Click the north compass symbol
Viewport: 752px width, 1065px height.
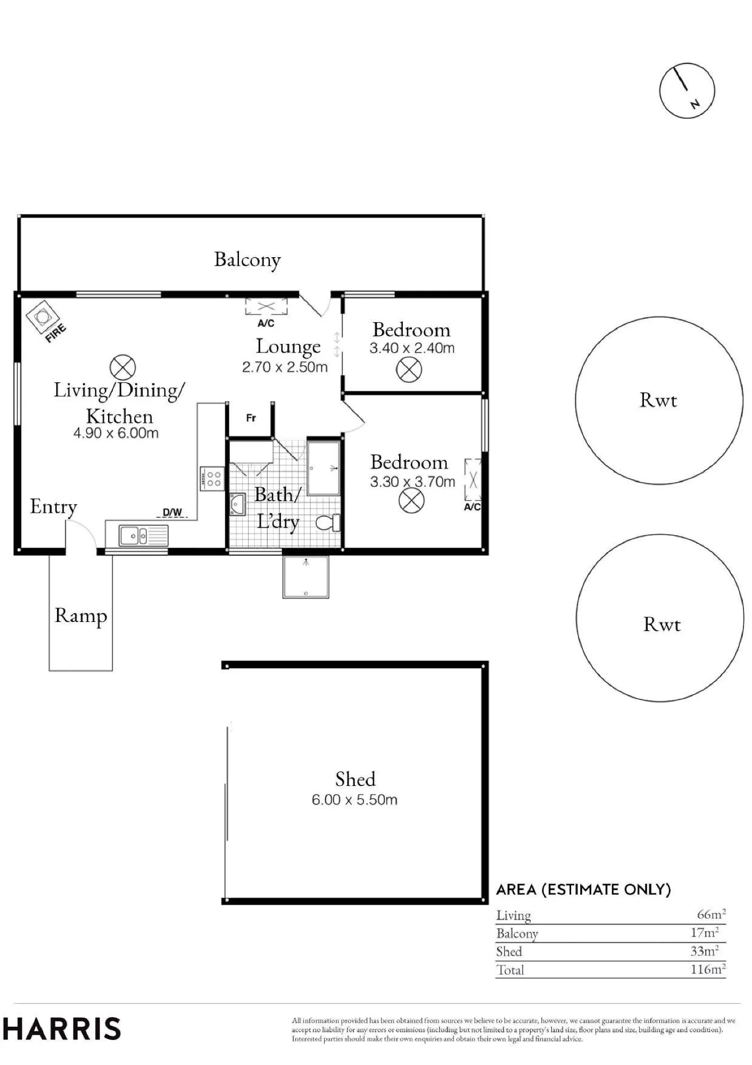coord(687,91)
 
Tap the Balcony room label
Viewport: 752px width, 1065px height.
coord(247,260)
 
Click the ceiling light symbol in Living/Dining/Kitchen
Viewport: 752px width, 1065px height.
coord(122,368)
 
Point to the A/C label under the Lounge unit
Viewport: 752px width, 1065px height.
coord(266,323)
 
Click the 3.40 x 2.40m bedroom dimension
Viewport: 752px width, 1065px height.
coord(412,348)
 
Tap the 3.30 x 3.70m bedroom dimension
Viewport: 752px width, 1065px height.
coord(412,482)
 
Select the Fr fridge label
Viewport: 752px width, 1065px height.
coord(251,418)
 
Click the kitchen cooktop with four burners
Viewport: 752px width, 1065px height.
coord(212,478)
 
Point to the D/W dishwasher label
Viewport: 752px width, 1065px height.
coord(172,513)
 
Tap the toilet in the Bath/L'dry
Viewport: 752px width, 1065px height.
coord(328,522)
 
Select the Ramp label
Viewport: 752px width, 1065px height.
coord(81,616)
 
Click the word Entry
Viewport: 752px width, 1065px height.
coord(53,506)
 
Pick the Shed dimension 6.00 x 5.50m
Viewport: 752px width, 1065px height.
coord(354,800)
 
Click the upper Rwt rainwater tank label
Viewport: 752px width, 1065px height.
coord(658,400)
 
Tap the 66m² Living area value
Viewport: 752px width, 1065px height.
coord(712,914)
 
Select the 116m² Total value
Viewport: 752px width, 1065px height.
coord(708,969)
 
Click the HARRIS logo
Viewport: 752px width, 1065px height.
coord(62,1029)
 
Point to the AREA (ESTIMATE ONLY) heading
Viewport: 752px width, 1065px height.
coord(583,890)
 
